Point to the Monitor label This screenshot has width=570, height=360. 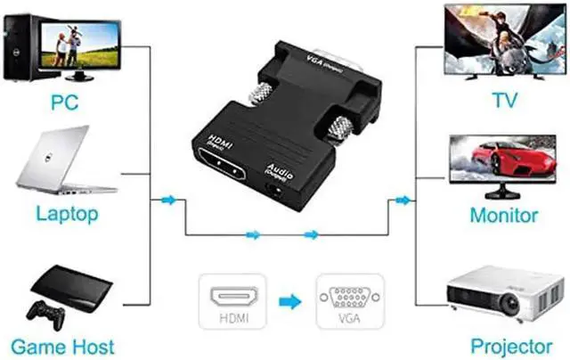pyautogui.click(x=504, y=215)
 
